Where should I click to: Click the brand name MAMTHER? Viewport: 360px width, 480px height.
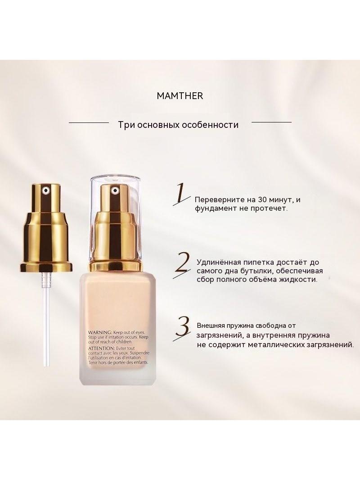point(180,96)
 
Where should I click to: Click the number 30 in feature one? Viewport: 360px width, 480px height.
point(262,200)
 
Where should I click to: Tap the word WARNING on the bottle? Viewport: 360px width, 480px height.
point(100,332)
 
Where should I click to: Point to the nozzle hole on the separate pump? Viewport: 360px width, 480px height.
point(45,190)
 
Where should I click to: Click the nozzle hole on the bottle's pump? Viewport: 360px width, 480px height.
point(116,190)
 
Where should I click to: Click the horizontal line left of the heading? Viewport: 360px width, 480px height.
point(89,122)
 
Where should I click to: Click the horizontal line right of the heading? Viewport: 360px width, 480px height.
point(271,122)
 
